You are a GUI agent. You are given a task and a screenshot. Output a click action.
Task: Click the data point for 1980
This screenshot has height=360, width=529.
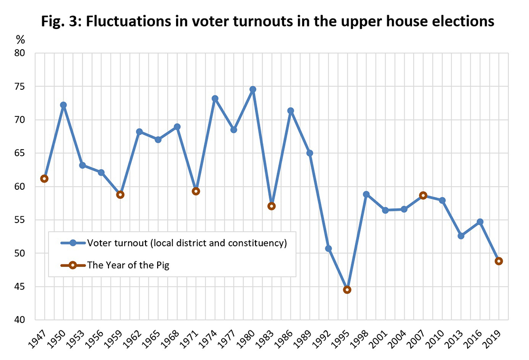tap(252, 89)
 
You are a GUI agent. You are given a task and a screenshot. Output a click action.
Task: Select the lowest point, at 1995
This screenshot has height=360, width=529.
tap(347, 290)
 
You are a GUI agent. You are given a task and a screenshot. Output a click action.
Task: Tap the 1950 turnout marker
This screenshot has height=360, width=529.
tap(63, 105)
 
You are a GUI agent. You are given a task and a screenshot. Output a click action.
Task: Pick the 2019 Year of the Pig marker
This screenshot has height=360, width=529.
tap(498, 261)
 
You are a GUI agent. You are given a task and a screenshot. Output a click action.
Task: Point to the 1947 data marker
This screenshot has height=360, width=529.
tap(44, 179)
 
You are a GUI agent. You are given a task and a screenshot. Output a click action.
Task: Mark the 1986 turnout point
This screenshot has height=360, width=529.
tap(290, 110)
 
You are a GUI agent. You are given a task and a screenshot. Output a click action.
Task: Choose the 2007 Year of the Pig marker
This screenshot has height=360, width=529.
tap(423, 195)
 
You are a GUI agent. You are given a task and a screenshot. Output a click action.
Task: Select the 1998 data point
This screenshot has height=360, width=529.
tap(366, 194)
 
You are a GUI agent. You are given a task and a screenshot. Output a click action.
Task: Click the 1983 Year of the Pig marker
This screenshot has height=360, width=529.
tap(271, 206)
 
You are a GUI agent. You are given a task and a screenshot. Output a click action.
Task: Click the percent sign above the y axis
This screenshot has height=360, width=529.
tap(21, 40)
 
